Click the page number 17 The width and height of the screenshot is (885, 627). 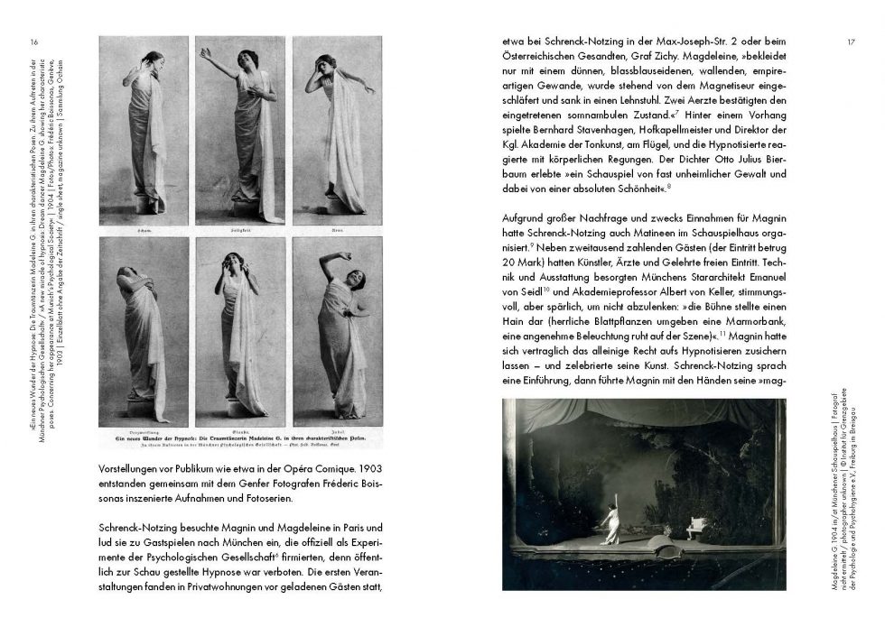pyautogui.click(x=852, y=41)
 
